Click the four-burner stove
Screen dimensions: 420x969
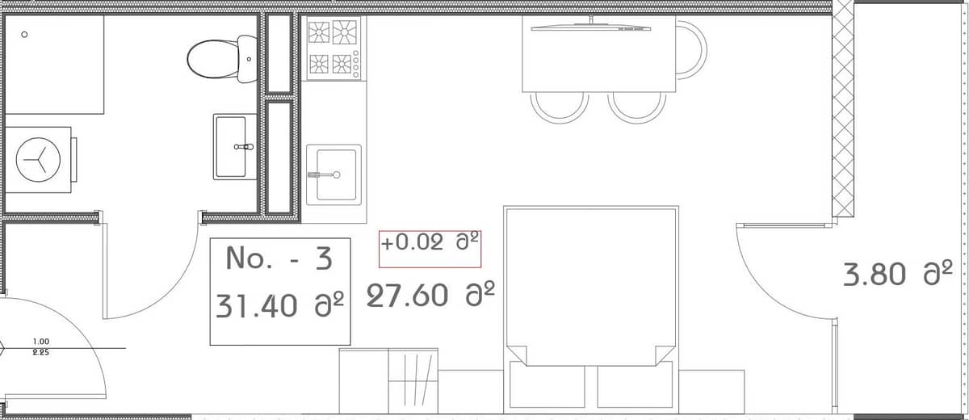click(333, 48)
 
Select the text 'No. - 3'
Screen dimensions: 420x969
click(279, 258)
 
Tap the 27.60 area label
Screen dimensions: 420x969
click(430, 296)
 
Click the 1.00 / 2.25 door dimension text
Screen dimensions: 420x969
click(40, 346)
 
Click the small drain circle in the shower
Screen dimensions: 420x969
click(24, 35)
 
